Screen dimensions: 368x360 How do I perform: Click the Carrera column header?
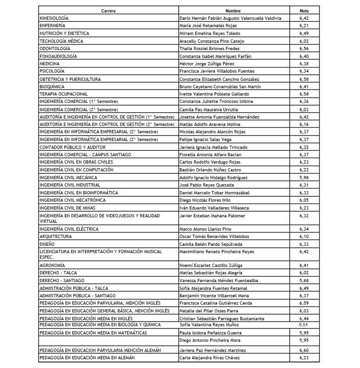coord(108,10)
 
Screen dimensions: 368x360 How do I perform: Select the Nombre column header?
coord(233,10)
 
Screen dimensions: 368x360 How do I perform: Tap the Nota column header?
coord(304,10)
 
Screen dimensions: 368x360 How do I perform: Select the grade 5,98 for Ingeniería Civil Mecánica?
coord(304,177)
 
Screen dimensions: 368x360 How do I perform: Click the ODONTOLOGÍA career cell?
coord(55,48)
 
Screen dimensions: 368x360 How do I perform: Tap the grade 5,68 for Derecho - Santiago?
coord(304,280)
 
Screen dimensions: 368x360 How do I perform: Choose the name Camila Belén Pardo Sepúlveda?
coord(210,244)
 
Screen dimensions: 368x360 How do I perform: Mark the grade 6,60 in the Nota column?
coord(304,350)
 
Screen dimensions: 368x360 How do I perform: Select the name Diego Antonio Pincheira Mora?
coord(209,340)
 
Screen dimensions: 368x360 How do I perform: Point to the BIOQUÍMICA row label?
coord(52,86)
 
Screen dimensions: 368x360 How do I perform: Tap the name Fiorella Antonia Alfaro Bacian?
coord(211,155)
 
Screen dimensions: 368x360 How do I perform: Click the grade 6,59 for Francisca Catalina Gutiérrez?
coord(304,303)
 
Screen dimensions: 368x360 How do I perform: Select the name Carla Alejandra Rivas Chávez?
coord(210,357)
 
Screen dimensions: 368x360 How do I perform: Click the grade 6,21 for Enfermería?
coord(304,26)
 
